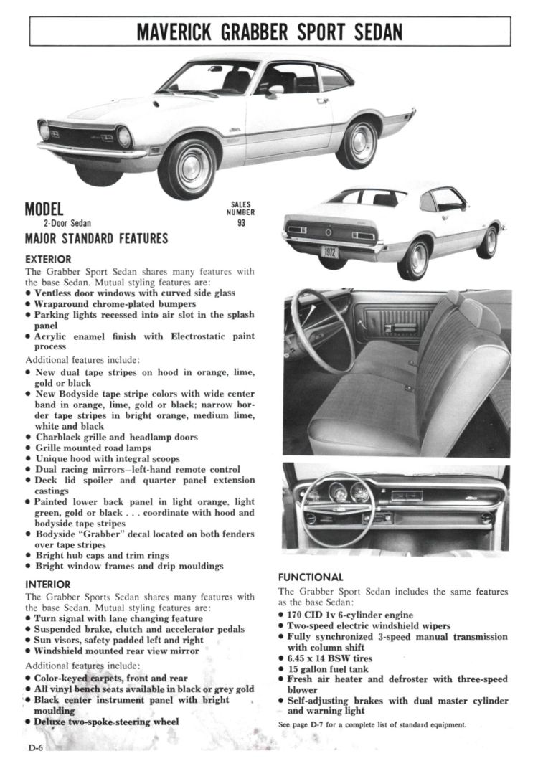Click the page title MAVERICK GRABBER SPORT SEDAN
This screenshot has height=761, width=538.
269,32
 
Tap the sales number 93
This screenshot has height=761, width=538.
240,222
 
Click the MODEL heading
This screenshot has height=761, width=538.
44,209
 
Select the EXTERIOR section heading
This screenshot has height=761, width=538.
47,259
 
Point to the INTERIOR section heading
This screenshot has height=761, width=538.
47,585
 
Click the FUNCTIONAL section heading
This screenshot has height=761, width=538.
311,577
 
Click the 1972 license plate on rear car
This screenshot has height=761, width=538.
329,252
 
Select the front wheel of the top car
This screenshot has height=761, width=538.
187,169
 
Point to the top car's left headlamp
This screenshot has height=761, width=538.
124,136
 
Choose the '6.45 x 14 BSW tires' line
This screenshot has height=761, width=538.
329,658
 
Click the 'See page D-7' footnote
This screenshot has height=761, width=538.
372,724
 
